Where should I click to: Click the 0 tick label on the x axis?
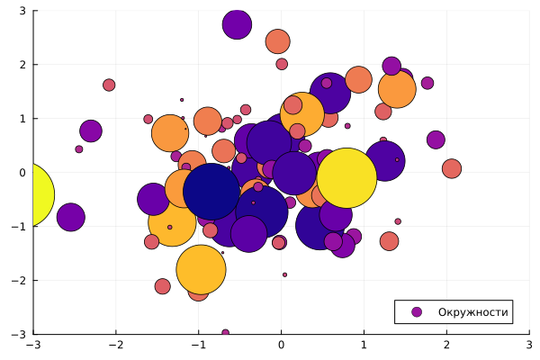[x=282, y=345]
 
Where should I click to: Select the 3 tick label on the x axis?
[x=529, y=345]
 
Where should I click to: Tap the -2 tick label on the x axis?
[x=116, y=345]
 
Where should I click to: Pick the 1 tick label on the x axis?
[x=364, y=345]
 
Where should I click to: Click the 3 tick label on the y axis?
[x=22, y=11]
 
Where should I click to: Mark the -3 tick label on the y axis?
[x=19, y=334]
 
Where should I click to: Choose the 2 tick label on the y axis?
[x=22, y=65]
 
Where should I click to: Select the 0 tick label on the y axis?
[x=22, y=172]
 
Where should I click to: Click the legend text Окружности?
[x=473, y=312]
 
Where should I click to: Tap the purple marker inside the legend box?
[x=416, y=312]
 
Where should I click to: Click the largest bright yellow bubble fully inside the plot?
[x=346, y=177]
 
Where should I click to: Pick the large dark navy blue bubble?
[x=211, y=191]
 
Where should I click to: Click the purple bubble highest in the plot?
[x=237, y=25]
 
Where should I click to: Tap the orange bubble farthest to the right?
[x=452, y=168]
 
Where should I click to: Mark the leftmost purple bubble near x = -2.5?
[x=71, y=216]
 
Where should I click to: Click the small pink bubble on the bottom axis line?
[x=225, y=333]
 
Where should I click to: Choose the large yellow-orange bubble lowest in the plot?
[x=200, y=269]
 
